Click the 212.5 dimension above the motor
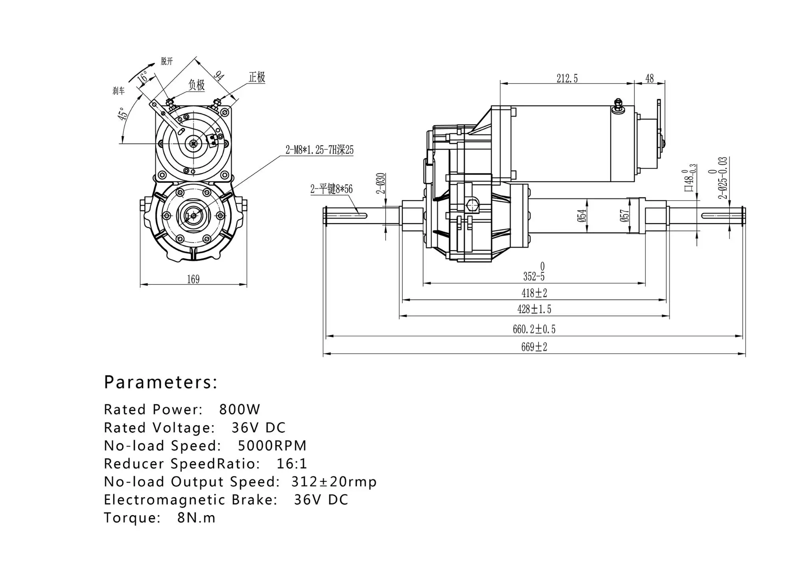pyautogui.click(x=567, y=79)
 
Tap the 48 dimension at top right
pyautogui.click(x=650, y=79)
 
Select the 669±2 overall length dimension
pyautogui.click(x=534, y=347)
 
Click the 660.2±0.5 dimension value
pyautogui.click(x=534, y=329)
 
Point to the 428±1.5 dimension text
pyautogui.click(x=534, y=309)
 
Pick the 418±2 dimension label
pyautogui.click(x=534, y=293)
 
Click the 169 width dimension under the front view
pyautogui.click(x=193, y=279)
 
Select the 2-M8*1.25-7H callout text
pyautogui.click(x=319, y=150)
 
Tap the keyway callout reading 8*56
pyautogui.click(x=332, y=189)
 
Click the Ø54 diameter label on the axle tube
pyautogui.click(x=582, y=215)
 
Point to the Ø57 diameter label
pyautogui.click(x=624, y=216)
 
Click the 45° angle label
pyautogui.click(x=123, y=113)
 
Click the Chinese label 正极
pyautogui.click(x=257, y=77)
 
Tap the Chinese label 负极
pyautogui.click(x=196, y=85)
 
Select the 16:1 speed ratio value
pyautogui.click(x=292, y=464)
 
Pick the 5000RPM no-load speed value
pyautogui.click(x=272, y=446)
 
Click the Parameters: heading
pyautogui.click(x=161, y=382)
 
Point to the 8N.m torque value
pyautogui.click(x=196, y=518)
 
